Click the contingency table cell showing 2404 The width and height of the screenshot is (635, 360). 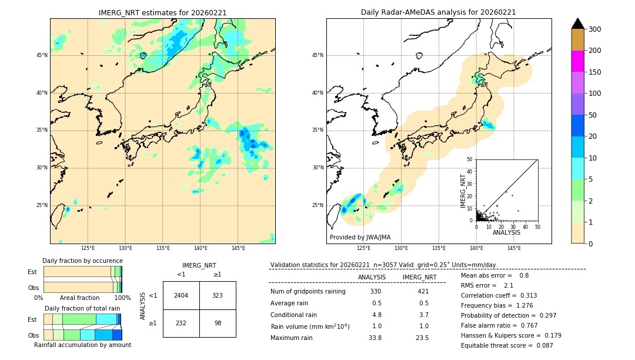pyautogui.click(x=181, y=295)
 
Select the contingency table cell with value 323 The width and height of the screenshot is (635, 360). pyautogui.click(x=217, y=295)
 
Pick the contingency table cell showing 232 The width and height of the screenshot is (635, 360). pyautogui.click(x=181, y=323)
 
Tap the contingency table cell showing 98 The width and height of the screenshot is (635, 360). pyautogui.click(x=217, y=323)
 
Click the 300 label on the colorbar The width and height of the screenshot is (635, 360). pyautogui.click(x=594, y=29)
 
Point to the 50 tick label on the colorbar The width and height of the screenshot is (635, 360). pyautogui.click(x=593, y=115)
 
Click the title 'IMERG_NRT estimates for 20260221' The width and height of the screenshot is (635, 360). pyautogui.click(x=162, y=12)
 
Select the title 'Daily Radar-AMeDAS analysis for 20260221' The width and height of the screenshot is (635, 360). pyautogui.click(x=438, y=12)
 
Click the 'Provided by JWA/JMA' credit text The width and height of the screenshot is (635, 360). pyautogui.click(x=360, y=238)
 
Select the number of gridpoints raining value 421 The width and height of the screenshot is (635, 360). pyautogui.click(x=423, y=291)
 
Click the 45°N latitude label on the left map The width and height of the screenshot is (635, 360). pyautogui.click(x=42, y=55)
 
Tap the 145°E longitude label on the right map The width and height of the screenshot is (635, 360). pyautogui.click(x=514, y=248)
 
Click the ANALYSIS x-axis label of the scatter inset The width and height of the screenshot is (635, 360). pyautogui.click(x=506, y=232)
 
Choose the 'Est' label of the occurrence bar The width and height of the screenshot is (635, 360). pyautogui.click(x=32, y=272)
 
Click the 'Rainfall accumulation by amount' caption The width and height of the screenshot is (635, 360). pyautogui.click(x=82, y=345)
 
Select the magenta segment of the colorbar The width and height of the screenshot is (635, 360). pyautogui.click(x=577, y=61)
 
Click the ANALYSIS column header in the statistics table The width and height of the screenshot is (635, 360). pyautogui.click(x=372, y=277)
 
